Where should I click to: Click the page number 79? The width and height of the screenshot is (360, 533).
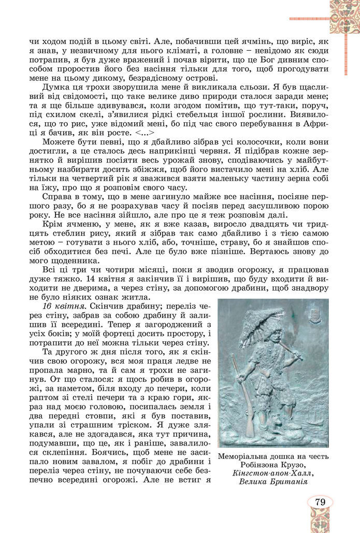(320, 501)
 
